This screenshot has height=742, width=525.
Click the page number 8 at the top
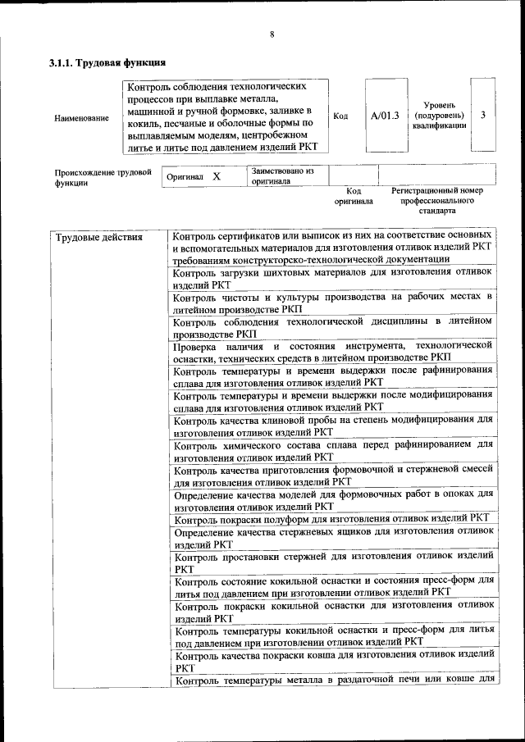tap(272, 35)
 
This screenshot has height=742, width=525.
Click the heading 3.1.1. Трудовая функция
tap(107, 63)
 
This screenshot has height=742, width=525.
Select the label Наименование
tap(81, 118)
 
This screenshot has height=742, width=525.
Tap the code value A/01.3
tap(385, 116)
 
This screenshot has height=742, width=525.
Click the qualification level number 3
tap(483, 115)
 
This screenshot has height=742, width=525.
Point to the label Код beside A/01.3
tap(340, 116)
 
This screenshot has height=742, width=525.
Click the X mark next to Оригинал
tap(217, 176)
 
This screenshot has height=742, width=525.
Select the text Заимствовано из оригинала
tap(282, 176)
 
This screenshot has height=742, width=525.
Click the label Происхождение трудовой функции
tap(103, 178)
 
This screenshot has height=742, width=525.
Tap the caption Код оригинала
tap(354, 195)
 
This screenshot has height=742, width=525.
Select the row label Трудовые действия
tap(99, 238)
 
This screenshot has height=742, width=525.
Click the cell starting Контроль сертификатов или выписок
tap(332, 246)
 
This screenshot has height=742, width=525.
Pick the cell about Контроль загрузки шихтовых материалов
tap(332, 276)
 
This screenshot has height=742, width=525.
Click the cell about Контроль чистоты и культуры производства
tap(332, 302)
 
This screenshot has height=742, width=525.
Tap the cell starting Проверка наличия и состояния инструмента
tap(332, 352)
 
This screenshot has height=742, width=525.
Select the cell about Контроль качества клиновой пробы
tap(332, 426)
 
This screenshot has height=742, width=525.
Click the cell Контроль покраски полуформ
tap(332, 518)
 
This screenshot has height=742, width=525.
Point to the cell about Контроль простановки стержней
tap(332, 562)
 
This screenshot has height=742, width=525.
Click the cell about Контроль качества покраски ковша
tap(332, 661)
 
